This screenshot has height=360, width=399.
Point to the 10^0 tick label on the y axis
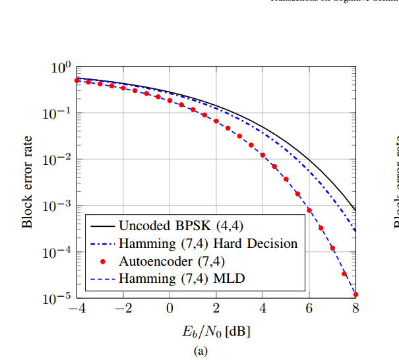pyautogui.click(x=61, y=68)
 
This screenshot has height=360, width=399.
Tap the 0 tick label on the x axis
pyautogui.click(x=169, y=309)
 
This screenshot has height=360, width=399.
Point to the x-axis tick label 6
pyautogui.click(x=309, y=309)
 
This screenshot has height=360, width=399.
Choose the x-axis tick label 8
pyautogui.click(x=355, y=309)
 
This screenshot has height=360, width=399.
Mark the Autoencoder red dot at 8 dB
pyautogui.click(x=355, y=295)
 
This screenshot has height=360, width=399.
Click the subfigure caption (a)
pyautogui.click(x=200, y=350)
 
